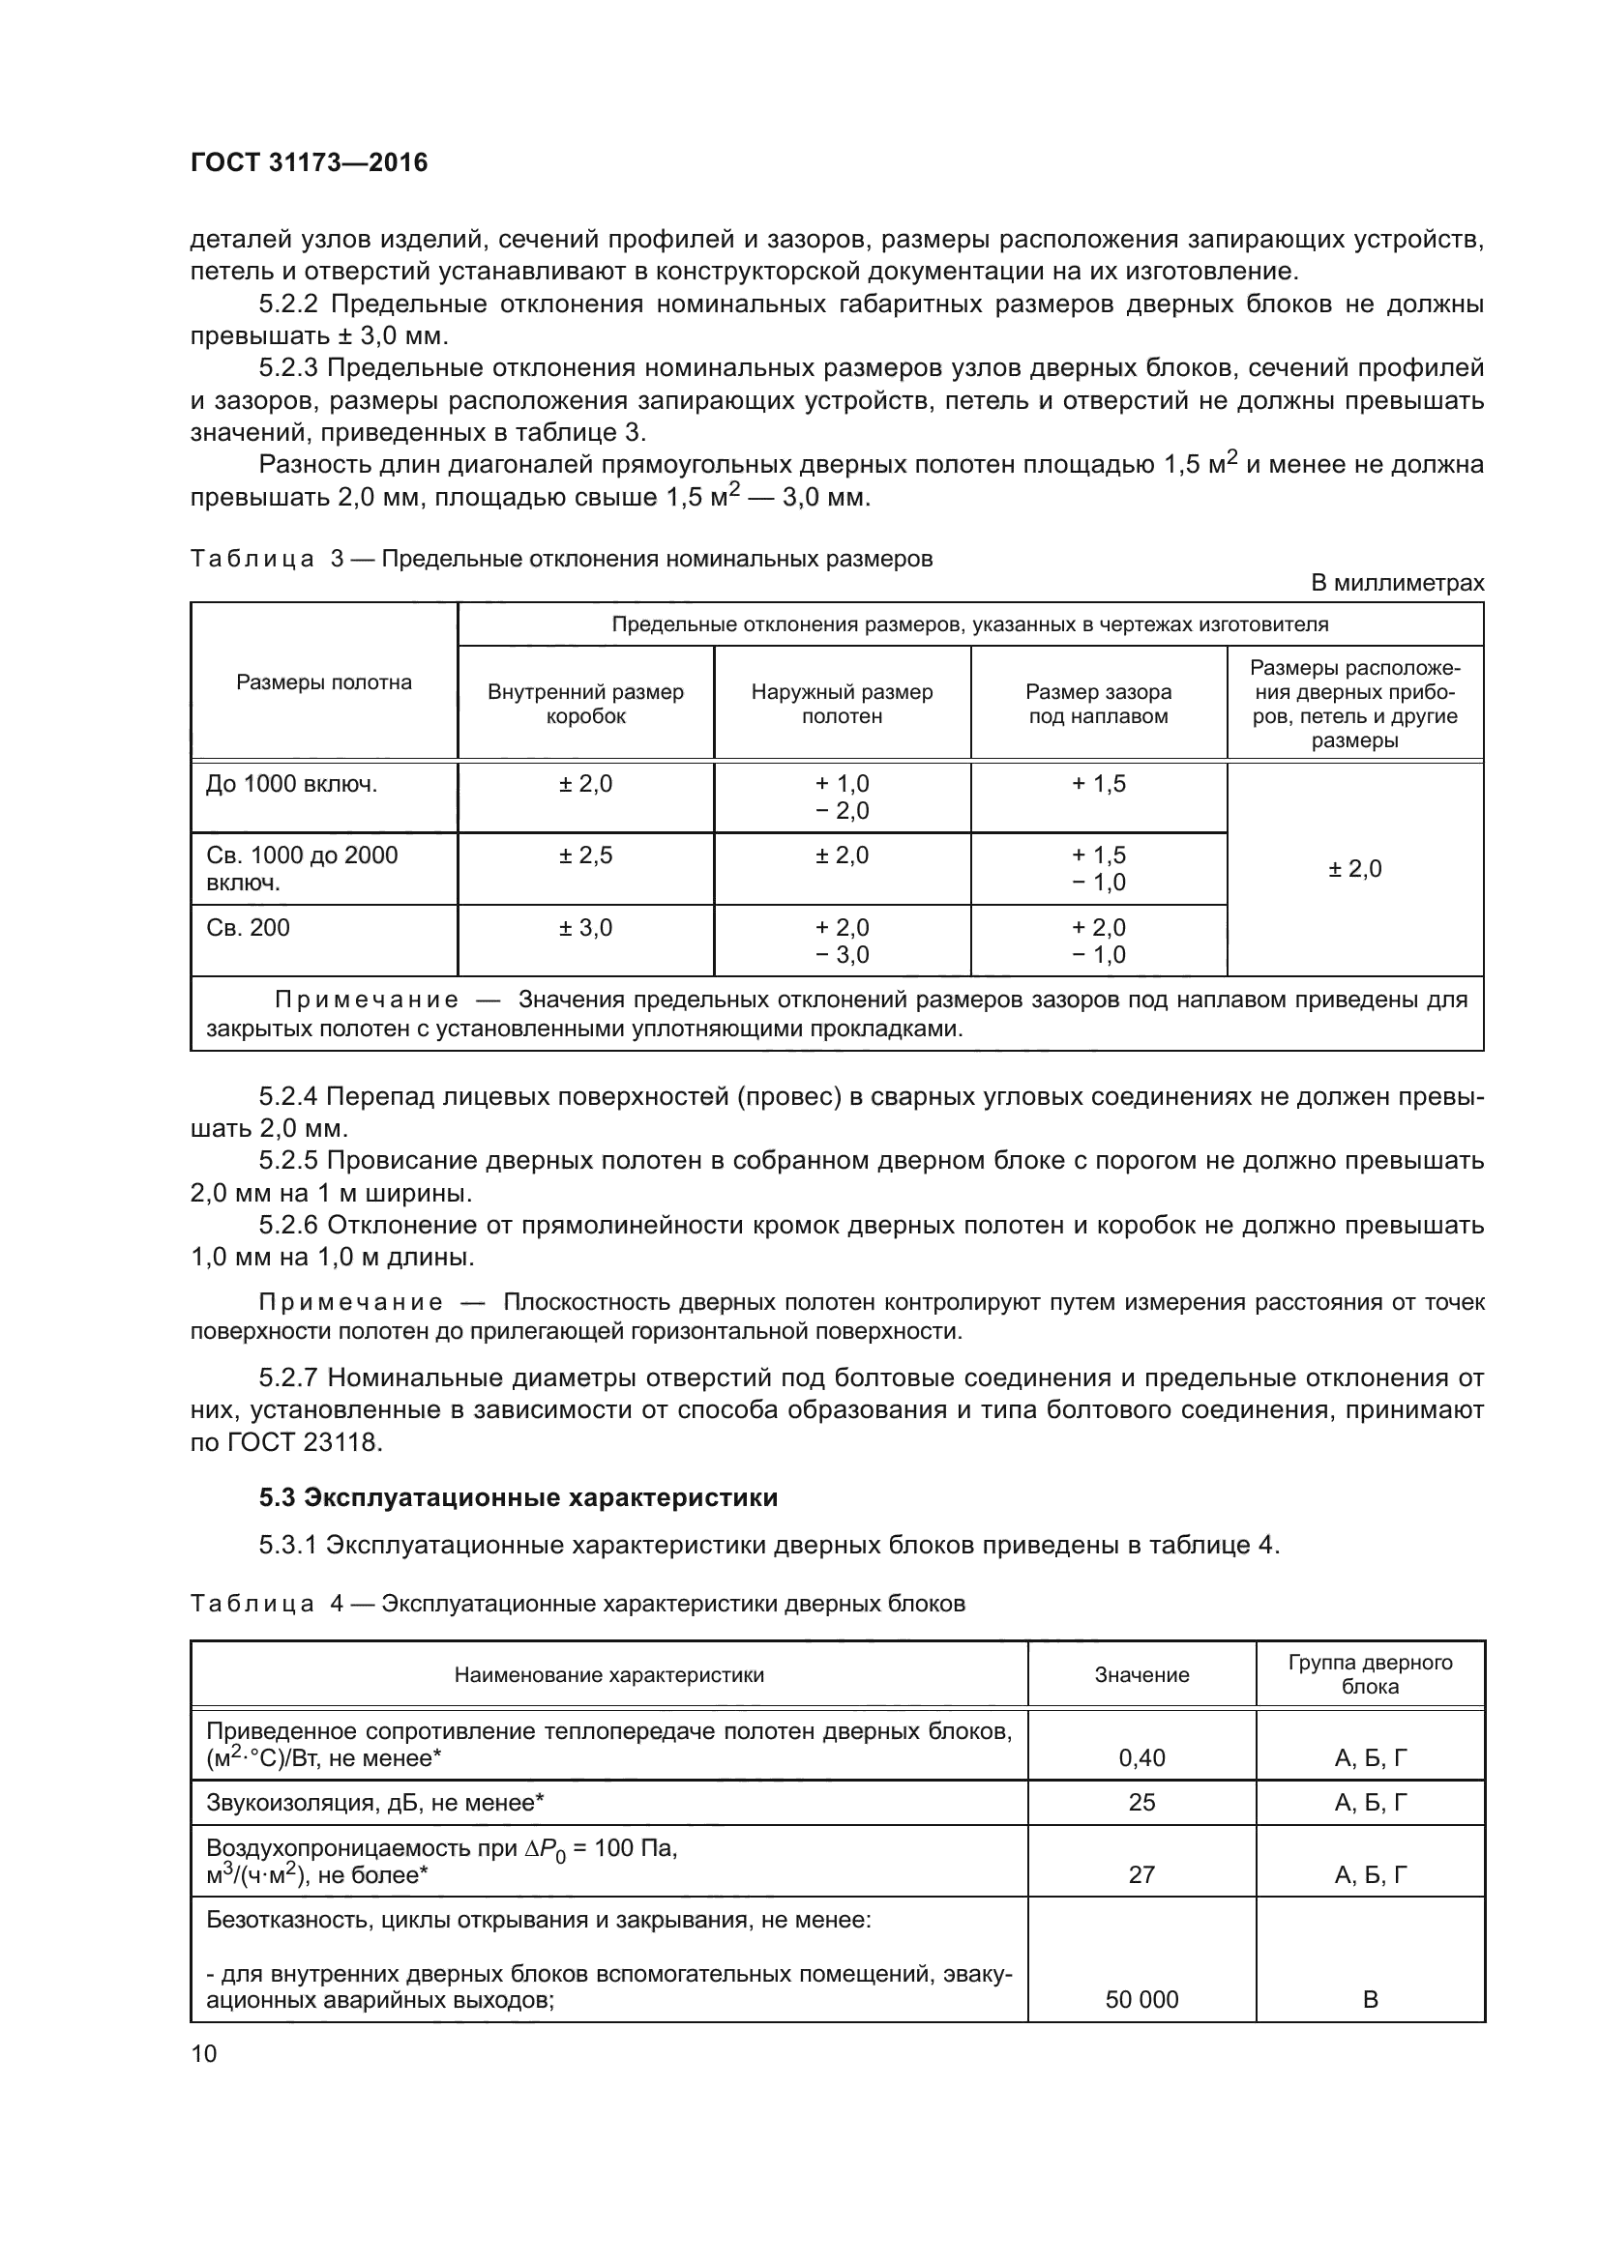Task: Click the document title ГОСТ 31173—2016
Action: pos(309,162)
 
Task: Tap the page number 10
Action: pos(204,2053)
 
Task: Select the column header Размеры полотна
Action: pos(323,682)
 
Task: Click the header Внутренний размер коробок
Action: pos(585,703)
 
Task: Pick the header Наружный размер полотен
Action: pos(842,703)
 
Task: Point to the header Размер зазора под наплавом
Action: pos(1098,703)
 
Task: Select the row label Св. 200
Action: pos(249,928)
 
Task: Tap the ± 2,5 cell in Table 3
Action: pos(585,855)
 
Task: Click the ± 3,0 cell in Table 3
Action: pos(585,928)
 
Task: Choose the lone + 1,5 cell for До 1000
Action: pos(1098,784)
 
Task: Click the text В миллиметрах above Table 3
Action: pos(1396,583)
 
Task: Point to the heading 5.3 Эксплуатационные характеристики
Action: pos(519,1497)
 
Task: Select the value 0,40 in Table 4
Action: pos(1141,1757)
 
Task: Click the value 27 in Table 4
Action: pos(1141,1874)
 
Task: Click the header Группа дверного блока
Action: pos(1370,1674)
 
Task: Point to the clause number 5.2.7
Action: pos(288,1377)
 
